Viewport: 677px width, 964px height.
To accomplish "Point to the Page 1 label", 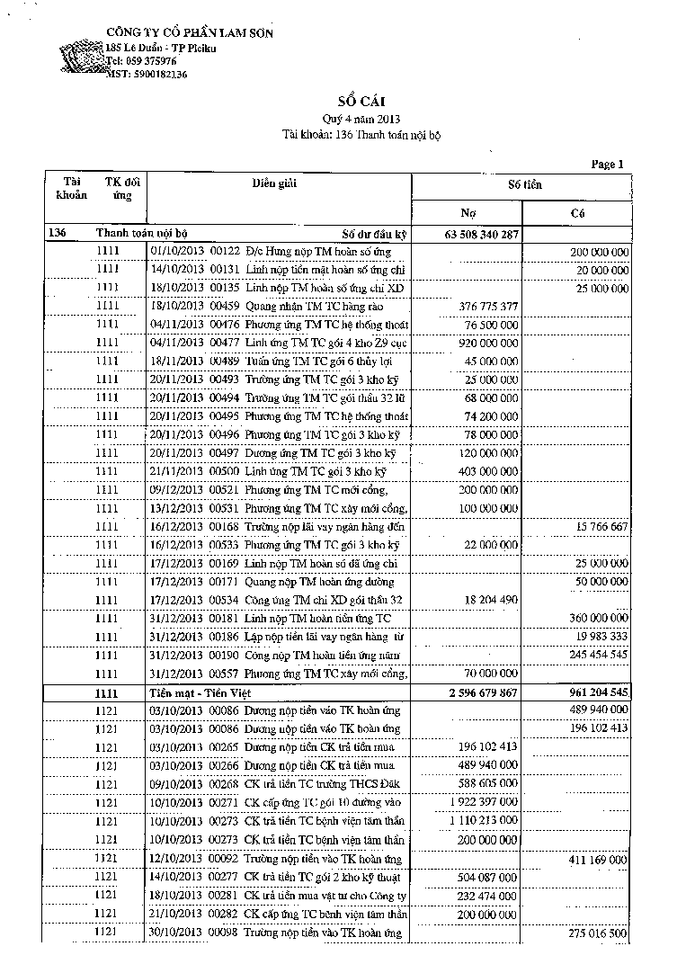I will pyautogui.click(x=607, y=165).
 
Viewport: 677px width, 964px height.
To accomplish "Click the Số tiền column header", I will pyautogui.click(x=525, y=184).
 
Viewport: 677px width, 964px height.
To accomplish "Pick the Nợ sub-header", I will pyautogui.click(x=468, y=213).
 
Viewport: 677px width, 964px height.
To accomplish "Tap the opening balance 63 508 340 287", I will pyautogui.click(x=481, y=235).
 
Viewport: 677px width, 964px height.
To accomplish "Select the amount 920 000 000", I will pyautogui.click(x=485, y=342).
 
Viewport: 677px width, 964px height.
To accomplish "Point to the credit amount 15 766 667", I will pyautogui.click(x=598, y=525).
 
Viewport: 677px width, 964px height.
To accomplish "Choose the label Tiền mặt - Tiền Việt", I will pyautogui.click(x=200, y=693).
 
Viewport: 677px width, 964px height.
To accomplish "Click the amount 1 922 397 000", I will pyautogui.click(x=482, y=801).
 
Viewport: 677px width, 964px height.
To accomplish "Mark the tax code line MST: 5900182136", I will pyautogui.click(x=147, y=74).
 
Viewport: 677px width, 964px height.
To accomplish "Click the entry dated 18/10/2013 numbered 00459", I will pyautogui.click(x=279, y=307).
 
